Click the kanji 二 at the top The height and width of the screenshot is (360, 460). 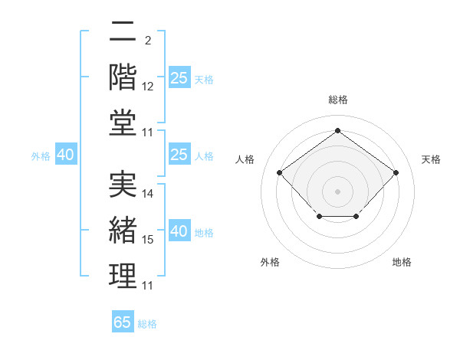coord(123,31)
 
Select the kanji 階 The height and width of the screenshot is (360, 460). coord(123,77)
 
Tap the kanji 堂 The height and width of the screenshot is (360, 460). coord(123,123)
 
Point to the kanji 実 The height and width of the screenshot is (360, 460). coord(123,184)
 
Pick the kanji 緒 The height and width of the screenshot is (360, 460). coord(123,230)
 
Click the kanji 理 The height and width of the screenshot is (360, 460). coord(123,276)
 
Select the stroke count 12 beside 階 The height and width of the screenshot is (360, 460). coord(147,87)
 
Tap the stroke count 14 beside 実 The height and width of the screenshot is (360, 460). coord(147,194)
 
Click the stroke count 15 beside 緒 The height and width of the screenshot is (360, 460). coord(147,240)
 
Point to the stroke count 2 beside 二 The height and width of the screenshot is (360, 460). coord(148,41)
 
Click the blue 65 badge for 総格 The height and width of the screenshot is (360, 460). coord(123,321)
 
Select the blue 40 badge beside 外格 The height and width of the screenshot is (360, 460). coord(66,154)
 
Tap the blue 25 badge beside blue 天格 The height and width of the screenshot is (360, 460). coord(179,77)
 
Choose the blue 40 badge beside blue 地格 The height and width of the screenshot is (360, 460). coord(179,230)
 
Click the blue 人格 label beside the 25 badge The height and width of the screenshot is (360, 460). coord(204,156)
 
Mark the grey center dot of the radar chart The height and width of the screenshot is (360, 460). coord(337,191)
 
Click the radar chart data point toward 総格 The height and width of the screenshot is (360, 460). coord(337,130)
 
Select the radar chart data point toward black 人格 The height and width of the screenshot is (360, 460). coord(280,172)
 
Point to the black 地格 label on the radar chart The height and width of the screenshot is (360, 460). coord(402,262)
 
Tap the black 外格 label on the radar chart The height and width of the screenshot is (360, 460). coord(270,262)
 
